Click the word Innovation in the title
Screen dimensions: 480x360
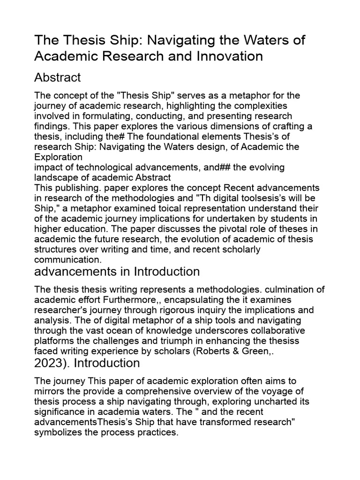point(222,56)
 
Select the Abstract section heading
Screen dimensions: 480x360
point(58,77)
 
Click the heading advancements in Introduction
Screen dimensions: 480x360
point(117,271)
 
